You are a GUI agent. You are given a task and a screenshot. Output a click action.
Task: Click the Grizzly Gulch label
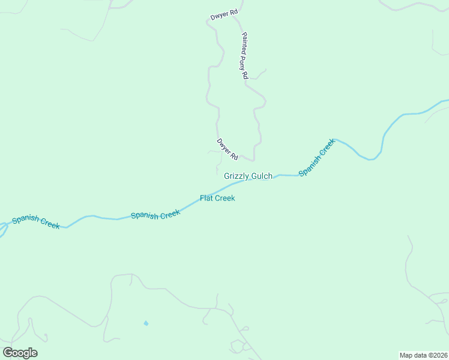coord(248,176)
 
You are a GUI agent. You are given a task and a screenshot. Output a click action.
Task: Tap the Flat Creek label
coord(217,198)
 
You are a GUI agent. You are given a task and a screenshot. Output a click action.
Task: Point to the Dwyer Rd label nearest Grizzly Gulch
coord(228,149)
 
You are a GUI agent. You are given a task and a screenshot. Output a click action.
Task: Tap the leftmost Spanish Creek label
coord(36,221)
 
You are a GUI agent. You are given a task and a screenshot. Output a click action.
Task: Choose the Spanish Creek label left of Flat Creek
coord(155,214)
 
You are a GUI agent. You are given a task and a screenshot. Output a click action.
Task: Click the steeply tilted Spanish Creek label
coord(316,157)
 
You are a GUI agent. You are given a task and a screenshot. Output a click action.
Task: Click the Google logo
coord(20,353)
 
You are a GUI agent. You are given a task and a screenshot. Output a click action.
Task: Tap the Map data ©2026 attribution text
coord(424,355)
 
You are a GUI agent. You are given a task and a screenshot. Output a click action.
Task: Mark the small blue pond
coord(146,323)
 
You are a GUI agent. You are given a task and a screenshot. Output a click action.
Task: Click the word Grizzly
coord(236,176)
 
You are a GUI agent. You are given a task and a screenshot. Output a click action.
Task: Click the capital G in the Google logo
coord(8,353)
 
